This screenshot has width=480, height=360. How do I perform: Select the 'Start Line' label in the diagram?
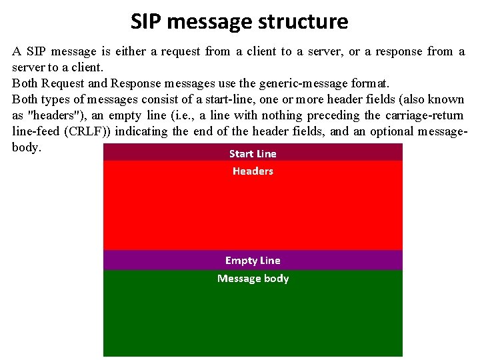point(253,153)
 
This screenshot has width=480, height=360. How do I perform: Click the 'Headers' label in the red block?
point(253,171)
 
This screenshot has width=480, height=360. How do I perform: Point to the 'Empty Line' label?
point(253,261)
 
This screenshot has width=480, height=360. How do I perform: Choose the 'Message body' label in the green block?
point(253,279)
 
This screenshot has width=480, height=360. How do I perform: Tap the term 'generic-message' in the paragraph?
point(289,83)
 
